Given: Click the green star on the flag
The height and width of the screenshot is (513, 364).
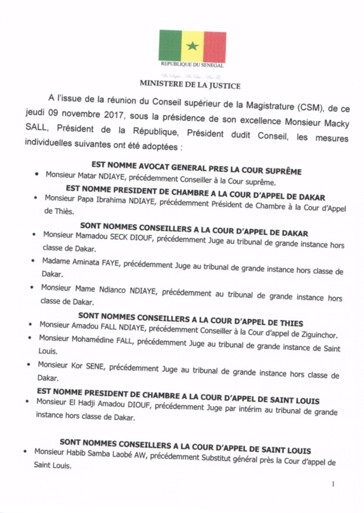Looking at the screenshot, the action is tap(193, 46).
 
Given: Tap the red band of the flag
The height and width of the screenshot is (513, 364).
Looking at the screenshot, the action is tap(215, 46).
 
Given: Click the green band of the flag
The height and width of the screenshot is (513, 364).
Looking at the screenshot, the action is tap(170, 46).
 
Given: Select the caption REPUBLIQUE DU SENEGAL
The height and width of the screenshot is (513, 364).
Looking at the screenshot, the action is tap(192, 65).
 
